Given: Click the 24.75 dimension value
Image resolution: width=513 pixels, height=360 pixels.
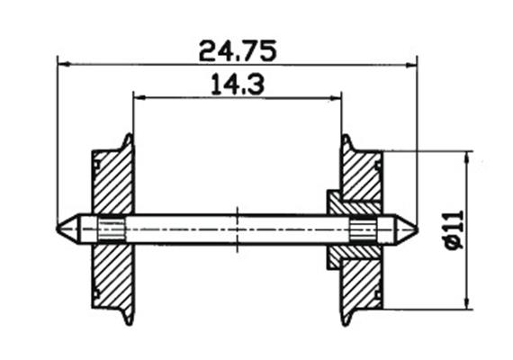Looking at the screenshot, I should [237, 49].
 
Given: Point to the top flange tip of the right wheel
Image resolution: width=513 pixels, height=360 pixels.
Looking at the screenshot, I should [346, 138].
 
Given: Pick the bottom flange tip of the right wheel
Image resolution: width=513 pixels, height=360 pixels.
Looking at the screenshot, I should [346, 322].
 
